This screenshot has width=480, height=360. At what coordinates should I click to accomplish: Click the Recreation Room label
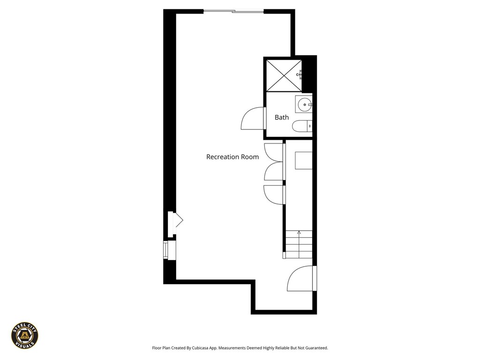pos(232,157)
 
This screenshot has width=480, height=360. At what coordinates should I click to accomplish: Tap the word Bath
pos(281,117)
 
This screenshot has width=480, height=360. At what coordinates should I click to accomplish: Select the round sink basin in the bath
pos(303,104)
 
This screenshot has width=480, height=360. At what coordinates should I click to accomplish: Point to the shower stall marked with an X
pos(283,75)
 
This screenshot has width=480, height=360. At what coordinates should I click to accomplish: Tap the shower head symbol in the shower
pos(299,74)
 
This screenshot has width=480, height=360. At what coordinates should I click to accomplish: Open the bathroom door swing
pos(252,119)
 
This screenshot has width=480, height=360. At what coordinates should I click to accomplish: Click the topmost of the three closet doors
pos(273,152)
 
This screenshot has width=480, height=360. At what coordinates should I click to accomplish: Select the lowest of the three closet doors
pos(274,195)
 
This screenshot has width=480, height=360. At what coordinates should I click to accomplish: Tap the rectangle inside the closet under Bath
pos(303,160)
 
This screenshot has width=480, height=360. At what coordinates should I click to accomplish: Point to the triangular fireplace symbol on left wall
pos(178,220)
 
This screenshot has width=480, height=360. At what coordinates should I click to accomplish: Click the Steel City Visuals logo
pos(25,335)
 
